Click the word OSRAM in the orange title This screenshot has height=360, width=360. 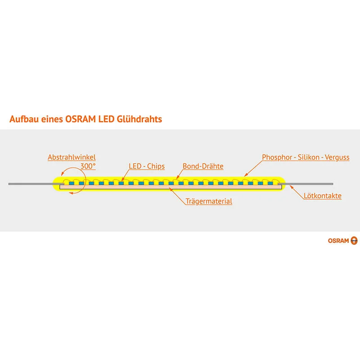tap(81, 119)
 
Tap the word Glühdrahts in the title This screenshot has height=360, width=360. tap(139, 119)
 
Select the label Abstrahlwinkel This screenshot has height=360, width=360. tap(72, 157)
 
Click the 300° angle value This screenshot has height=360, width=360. tap(88, 166)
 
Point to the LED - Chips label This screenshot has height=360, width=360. tap(147, 166)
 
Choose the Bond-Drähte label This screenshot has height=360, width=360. tap(203, 166)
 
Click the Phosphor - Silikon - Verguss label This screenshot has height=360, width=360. tap(306, 157)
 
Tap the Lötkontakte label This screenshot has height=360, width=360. tap(323, 196)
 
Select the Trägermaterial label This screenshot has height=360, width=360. tap(209, 201)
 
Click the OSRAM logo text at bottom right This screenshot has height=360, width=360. tap(338, 241)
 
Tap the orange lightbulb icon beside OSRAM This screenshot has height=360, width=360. tap(354, 241)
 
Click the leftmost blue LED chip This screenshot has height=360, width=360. tap(72, 183)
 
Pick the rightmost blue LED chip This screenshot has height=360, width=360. tap(270, 183)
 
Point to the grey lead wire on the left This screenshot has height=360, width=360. tap(36, 184)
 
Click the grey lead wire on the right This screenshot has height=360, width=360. tap(306, 184)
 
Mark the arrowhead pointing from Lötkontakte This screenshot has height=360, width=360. tap(292, 187)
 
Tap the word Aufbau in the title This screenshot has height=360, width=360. tap(24, 119)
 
